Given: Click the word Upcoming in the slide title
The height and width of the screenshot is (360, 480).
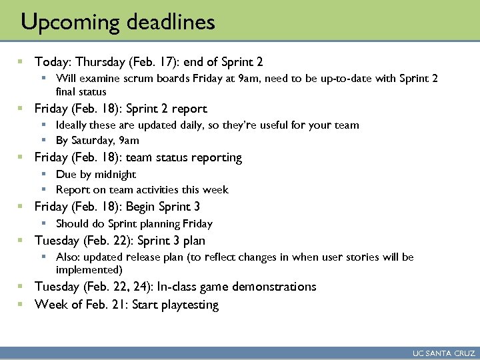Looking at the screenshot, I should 63,23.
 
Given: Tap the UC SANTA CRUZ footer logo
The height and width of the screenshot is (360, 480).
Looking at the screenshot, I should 443,354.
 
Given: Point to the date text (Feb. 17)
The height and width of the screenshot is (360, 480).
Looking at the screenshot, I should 149,62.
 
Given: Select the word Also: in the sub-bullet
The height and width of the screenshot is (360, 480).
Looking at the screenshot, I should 69,257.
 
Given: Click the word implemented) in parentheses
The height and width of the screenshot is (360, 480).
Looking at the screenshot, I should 89,269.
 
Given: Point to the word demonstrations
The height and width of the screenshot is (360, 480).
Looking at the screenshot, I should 273,287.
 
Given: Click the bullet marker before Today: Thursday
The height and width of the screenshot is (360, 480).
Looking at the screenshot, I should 20,62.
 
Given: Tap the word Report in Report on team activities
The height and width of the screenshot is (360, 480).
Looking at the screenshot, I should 73,189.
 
